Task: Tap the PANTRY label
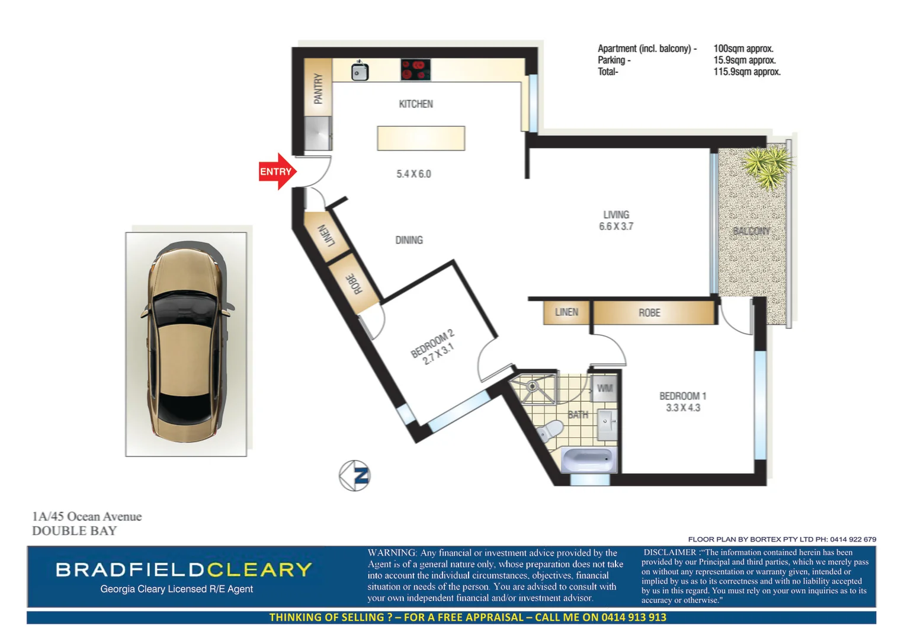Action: tap(318, 89)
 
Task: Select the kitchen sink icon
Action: tap(360, 72)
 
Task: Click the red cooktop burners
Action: tap(415, 70)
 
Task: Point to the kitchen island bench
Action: tap(421, 138)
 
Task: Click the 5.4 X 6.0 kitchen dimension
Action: tap(413, 174)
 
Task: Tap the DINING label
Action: tap(409, 240)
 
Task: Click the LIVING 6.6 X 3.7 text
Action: tap(616, 220)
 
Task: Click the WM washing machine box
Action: tap(604, 389)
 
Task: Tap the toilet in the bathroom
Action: tap(551, 430)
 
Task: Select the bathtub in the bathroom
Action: tap(588, 460)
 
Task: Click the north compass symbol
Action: tap(355, 475)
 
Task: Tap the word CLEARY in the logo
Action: tap(259, 569)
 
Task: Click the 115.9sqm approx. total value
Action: tap(746, 72)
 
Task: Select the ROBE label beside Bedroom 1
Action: tap(649, 313)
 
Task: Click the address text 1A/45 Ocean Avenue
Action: tap(87, 517)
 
